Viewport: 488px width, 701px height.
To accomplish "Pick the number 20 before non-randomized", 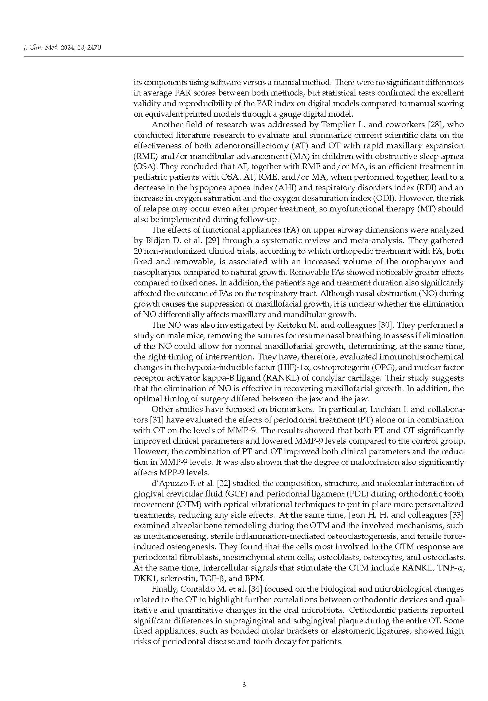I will click(x=138, y=251).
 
